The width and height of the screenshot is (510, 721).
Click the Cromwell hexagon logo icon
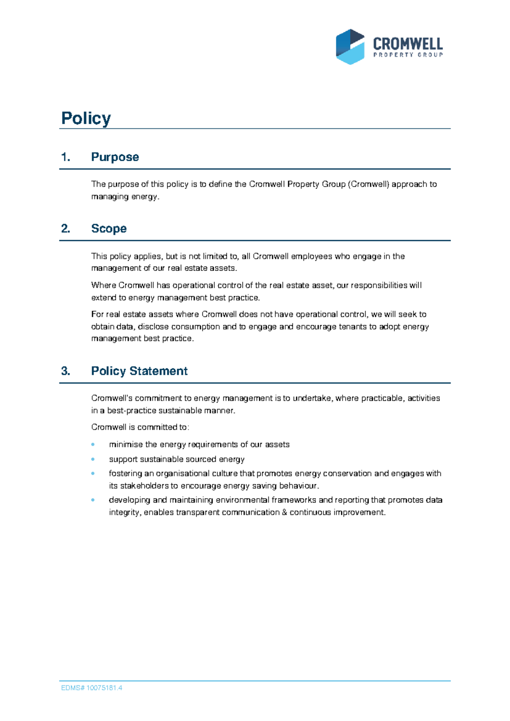(350, 47)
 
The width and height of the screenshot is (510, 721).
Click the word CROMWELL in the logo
(408, 44)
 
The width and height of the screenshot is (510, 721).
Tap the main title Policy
(86, 118)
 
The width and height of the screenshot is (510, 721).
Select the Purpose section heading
(115, 157)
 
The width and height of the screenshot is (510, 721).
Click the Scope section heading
(109, 228)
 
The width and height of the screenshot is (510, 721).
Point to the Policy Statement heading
(139, 371)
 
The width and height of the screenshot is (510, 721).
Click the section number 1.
(65, 157)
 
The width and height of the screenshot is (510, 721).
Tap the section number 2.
(65, 229)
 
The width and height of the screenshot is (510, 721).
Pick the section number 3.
(65, 371)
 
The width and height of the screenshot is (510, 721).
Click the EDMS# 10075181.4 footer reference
(92, 688)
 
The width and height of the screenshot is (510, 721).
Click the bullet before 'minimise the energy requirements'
(93, 445)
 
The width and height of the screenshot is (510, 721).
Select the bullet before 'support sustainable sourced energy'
(93, 459)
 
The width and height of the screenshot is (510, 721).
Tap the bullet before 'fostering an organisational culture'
(93, 473)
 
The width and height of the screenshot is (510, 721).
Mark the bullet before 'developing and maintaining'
(93, 500)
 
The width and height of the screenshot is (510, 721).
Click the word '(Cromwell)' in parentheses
(368, 184)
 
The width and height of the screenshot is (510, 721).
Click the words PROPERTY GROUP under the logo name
(408, 55)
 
